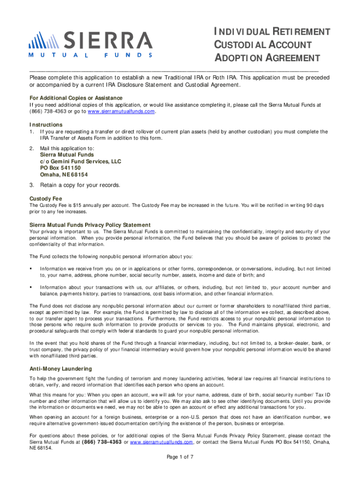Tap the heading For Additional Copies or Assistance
coord(76,98)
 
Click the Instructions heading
coord(46,125)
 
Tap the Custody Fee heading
coord(46,198)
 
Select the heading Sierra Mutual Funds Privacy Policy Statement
coord(90,225)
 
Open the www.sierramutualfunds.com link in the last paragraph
coord(162,442)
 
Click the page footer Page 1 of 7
coord(180,457)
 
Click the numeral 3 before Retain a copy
coord(31,185)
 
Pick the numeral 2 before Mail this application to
coord(31,148)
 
